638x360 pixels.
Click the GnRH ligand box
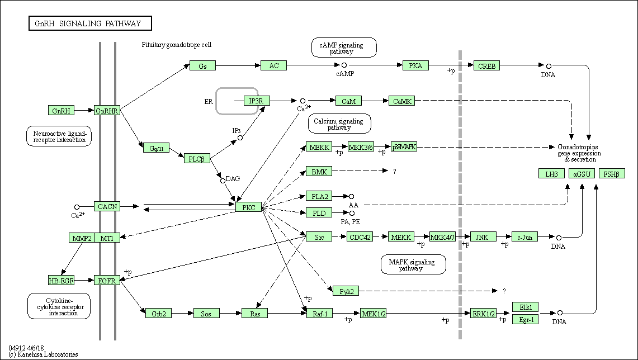(x=61, y=111)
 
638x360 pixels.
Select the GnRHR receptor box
(x=107, y=111)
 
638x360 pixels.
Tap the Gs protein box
(x=202, y=66)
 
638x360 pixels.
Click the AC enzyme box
(x=273, y=65)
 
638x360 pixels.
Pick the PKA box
(x=415, y=65)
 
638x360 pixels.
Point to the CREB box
(x=486, y=66)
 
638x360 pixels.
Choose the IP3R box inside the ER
(x=257, y=101)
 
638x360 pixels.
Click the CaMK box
(x=402, y=101)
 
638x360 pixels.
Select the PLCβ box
(x=197, y=159)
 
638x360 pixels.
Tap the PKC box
(x=249, y=207)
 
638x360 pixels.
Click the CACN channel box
(x=107, y=207)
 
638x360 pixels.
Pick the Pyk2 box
(x=346, y=291)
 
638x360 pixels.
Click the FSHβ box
(x=612, y=174)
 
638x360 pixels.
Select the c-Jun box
(x=524, y=237)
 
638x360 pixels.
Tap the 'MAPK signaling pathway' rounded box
(x=413, y=264)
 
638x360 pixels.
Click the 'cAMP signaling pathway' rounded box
(x=344, y=48)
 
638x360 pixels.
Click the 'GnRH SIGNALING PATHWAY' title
(x=89, y=23)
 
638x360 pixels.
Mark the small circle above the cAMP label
(x=344, y=66)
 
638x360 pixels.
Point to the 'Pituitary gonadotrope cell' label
(x=177, y=45)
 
